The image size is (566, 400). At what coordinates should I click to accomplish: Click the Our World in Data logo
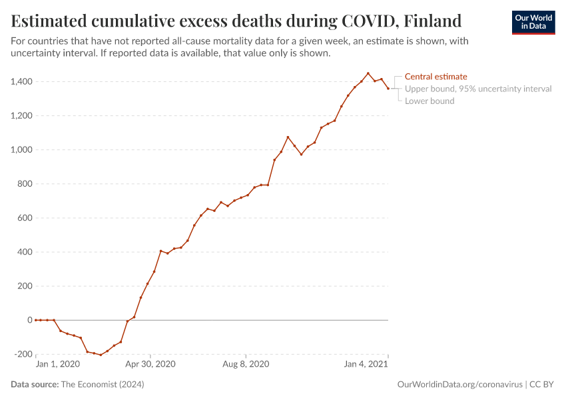point(533,22)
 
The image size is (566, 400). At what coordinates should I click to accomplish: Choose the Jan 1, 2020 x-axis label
point(57,365)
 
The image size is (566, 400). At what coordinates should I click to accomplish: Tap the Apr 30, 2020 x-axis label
point(150,365)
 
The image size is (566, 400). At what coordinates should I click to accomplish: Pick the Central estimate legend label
point(435,77)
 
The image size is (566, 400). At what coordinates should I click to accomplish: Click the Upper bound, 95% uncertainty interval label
point(478,89)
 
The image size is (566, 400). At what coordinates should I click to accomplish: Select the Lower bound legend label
point(429,101)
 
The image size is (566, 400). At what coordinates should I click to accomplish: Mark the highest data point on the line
point(368,73)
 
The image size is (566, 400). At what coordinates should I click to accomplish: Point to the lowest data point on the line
point(101,355)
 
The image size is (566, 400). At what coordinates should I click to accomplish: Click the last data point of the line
point(388,89)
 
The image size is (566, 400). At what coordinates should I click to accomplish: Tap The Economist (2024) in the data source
point(102,385)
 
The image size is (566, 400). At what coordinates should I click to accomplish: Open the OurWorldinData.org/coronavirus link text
point(459,385)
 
